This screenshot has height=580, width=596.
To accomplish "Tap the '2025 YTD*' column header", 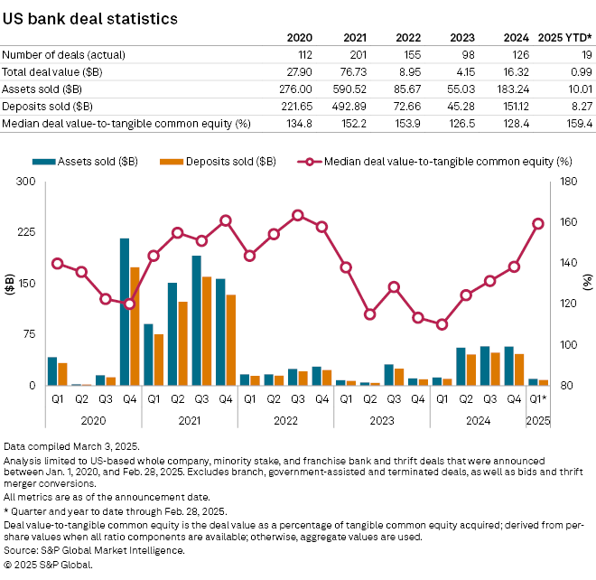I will (565, 37).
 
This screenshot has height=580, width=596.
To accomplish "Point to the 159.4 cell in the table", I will (577, 123).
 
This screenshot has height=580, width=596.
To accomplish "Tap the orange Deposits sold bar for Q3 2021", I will (207, 331).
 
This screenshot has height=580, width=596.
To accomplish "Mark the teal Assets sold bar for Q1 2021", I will (148, 354).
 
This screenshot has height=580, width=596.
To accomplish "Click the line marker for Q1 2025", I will (538, 224).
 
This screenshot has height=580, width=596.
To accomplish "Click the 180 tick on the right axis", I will (566, 182).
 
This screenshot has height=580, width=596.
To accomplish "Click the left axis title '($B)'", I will (10, 284).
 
